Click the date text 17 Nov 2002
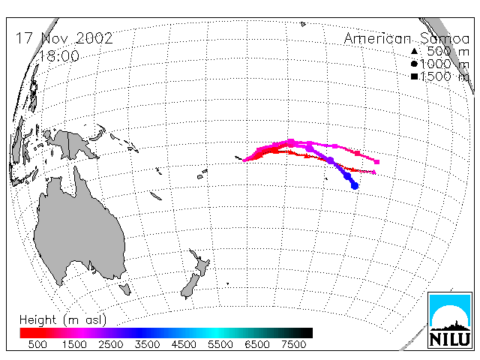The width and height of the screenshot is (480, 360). (x=64, y=38)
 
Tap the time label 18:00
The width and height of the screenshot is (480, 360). (x=59, y=56)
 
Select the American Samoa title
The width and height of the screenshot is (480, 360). (x=406, y=38)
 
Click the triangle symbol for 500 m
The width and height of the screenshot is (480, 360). (x=414, y=51)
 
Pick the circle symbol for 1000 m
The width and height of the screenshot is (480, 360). (x=414, y=64)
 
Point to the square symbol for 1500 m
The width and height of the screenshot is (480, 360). (x=414, y=76)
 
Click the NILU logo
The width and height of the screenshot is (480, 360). (x=450, y=320)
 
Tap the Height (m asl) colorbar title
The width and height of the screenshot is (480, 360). (x=63, y=320)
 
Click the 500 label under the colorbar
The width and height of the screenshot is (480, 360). (x=37, y=344)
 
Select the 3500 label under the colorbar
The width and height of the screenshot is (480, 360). (x=147, y=344)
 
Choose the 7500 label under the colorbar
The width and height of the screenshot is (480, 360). (x=293, y=344)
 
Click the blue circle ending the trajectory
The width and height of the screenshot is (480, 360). (x=355, y=185)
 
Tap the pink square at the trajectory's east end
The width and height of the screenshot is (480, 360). (x=377, y=162)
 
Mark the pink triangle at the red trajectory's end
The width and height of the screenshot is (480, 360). (x=373, y=172)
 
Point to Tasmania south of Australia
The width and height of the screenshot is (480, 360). (x=125, y=289)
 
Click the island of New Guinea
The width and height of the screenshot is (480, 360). (x=72, y=144)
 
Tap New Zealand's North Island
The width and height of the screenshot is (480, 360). (x=201, y=263)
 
